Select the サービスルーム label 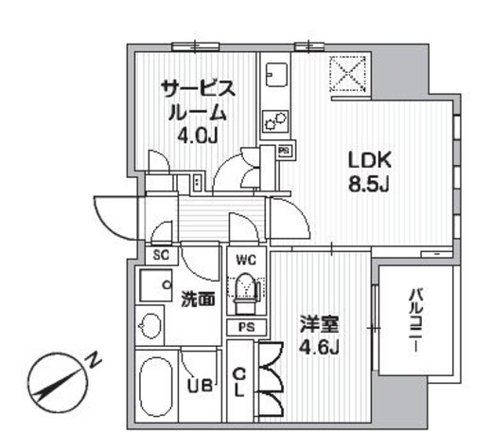tap(196, 100)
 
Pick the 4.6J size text tap(321, 347)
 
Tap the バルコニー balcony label tap(415, 321)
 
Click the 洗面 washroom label tap(198, 299)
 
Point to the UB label tap(198, 386)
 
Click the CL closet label tap(239, 383)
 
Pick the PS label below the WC tap(246, 327)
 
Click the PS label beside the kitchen tap(283, 151)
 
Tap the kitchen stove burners tap(276, 121)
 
